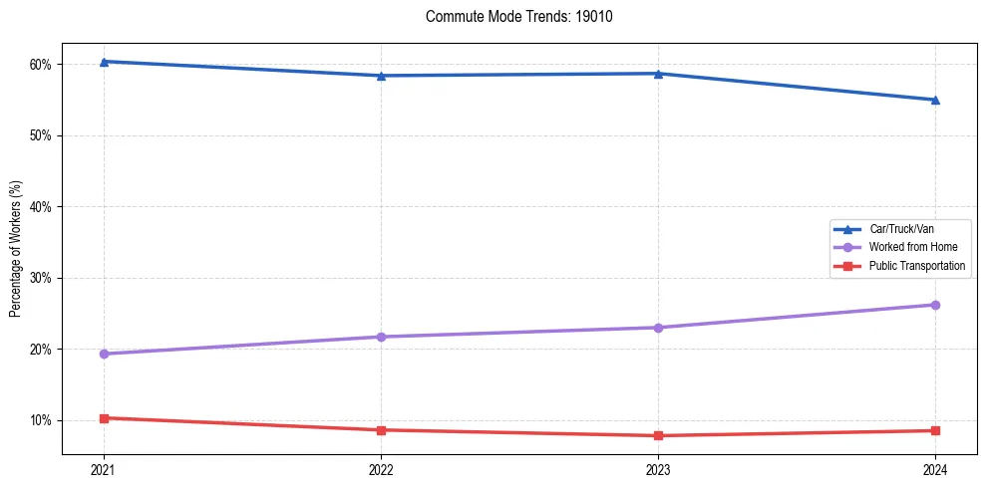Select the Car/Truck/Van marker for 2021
(104, 62)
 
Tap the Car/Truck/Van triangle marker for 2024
(935, 100)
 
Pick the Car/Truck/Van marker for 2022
(381, 76)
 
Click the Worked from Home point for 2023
(658, 328)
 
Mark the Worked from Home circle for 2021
(104, 354)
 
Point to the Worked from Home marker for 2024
(935, 305)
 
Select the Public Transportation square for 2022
(381, 430)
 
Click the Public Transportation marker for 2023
(658, 435)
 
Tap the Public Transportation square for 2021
(104, 418)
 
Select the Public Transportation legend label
(916, 266)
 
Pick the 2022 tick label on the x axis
(381, 469)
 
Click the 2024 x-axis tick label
(935, 469)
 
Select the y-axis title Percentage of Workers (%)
(15, 249)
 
